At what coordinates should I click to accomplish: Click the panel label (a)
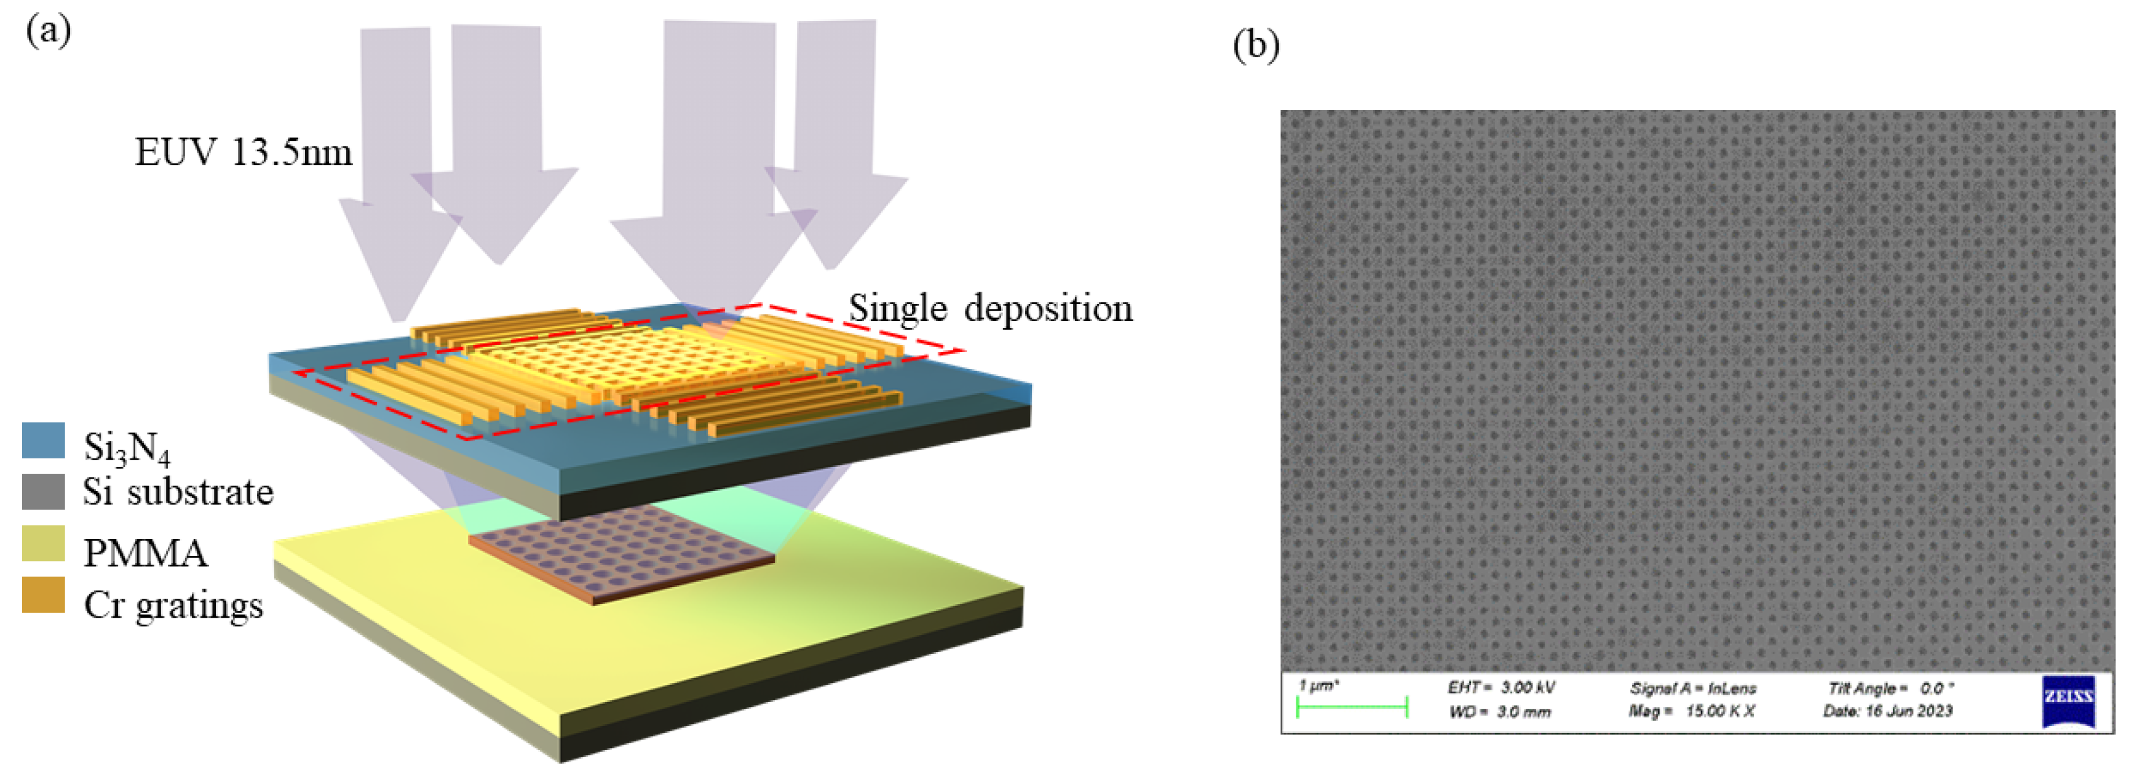click(48, 31)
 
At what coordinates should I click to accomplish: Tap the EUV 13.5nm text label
click(244, 152)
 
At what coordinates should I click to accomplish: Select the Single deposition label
click(990, 308)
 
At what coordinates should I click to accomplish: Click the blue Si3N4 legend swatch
click(43, 441)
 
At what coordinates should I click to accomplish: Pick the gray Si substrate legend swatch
click(43, 491)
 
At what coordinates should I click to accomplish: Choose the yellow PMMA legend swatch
click(43, 543)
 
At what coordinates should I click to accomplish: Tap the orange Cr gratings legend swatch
click(43, 594)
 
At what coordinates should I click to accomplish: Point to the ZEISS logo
click(2068, 700)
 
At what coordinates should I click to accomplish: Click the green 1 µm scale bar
click(1352, 707)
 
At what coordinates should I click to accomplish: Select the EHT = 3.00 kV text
click(1502, 687)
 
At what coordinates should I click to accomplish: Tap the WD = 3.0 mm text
click(1499, 712)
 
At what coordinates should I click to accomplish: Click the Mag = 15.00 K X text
click(1692, 711)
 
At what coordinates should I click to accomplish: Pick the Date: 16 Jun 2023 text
click(1888, 711)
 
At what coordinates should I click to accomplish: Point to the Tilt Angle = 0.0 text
click(1890, 687)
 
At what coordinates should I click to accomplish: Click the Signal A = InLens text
click(1692, 687)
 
